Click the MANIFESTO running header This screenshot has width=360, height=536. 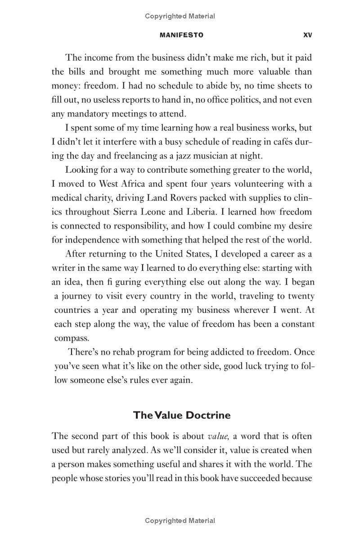[181, 35]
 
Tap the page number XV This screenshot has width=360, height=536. [308, 35]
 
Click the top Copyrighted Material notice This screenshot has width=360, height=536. [180, 16]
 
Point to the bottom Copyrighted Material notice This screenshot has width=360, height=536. [180, 521]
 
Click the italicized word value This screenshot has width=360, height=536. [218, 436]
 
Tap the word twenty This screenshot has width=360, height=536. [301, 296]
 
